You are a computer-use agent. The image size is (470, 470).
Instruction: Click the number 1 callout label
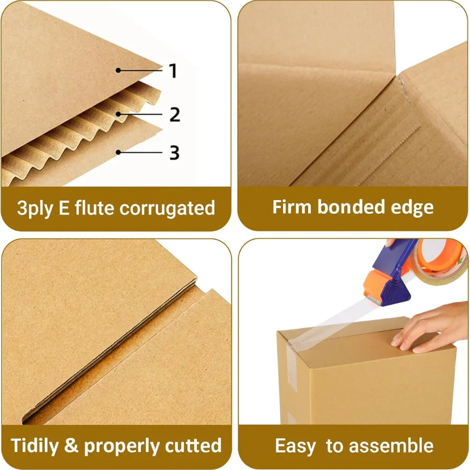(173, 71)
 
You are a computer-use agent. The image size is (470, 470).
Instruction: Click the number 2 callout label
(175, 114)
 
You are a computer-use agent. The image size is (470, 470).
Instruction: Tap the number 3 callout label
(174, 153)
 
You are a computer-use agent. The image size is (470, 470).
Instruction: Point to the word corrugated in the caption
(167, 209)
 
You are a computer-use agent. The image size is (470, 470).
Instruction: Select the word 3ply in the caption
(35, 208)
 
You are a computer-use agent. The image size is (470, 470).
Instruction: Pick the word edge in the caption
(413, 208)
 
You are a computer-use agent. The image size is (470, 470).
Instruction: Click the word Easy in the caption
(296, 446)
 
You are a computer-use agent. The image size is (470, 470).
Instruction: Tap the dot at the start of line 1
(119, 69)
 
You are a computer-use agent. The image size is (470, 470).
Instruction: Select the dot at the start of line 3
(119, 152)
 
